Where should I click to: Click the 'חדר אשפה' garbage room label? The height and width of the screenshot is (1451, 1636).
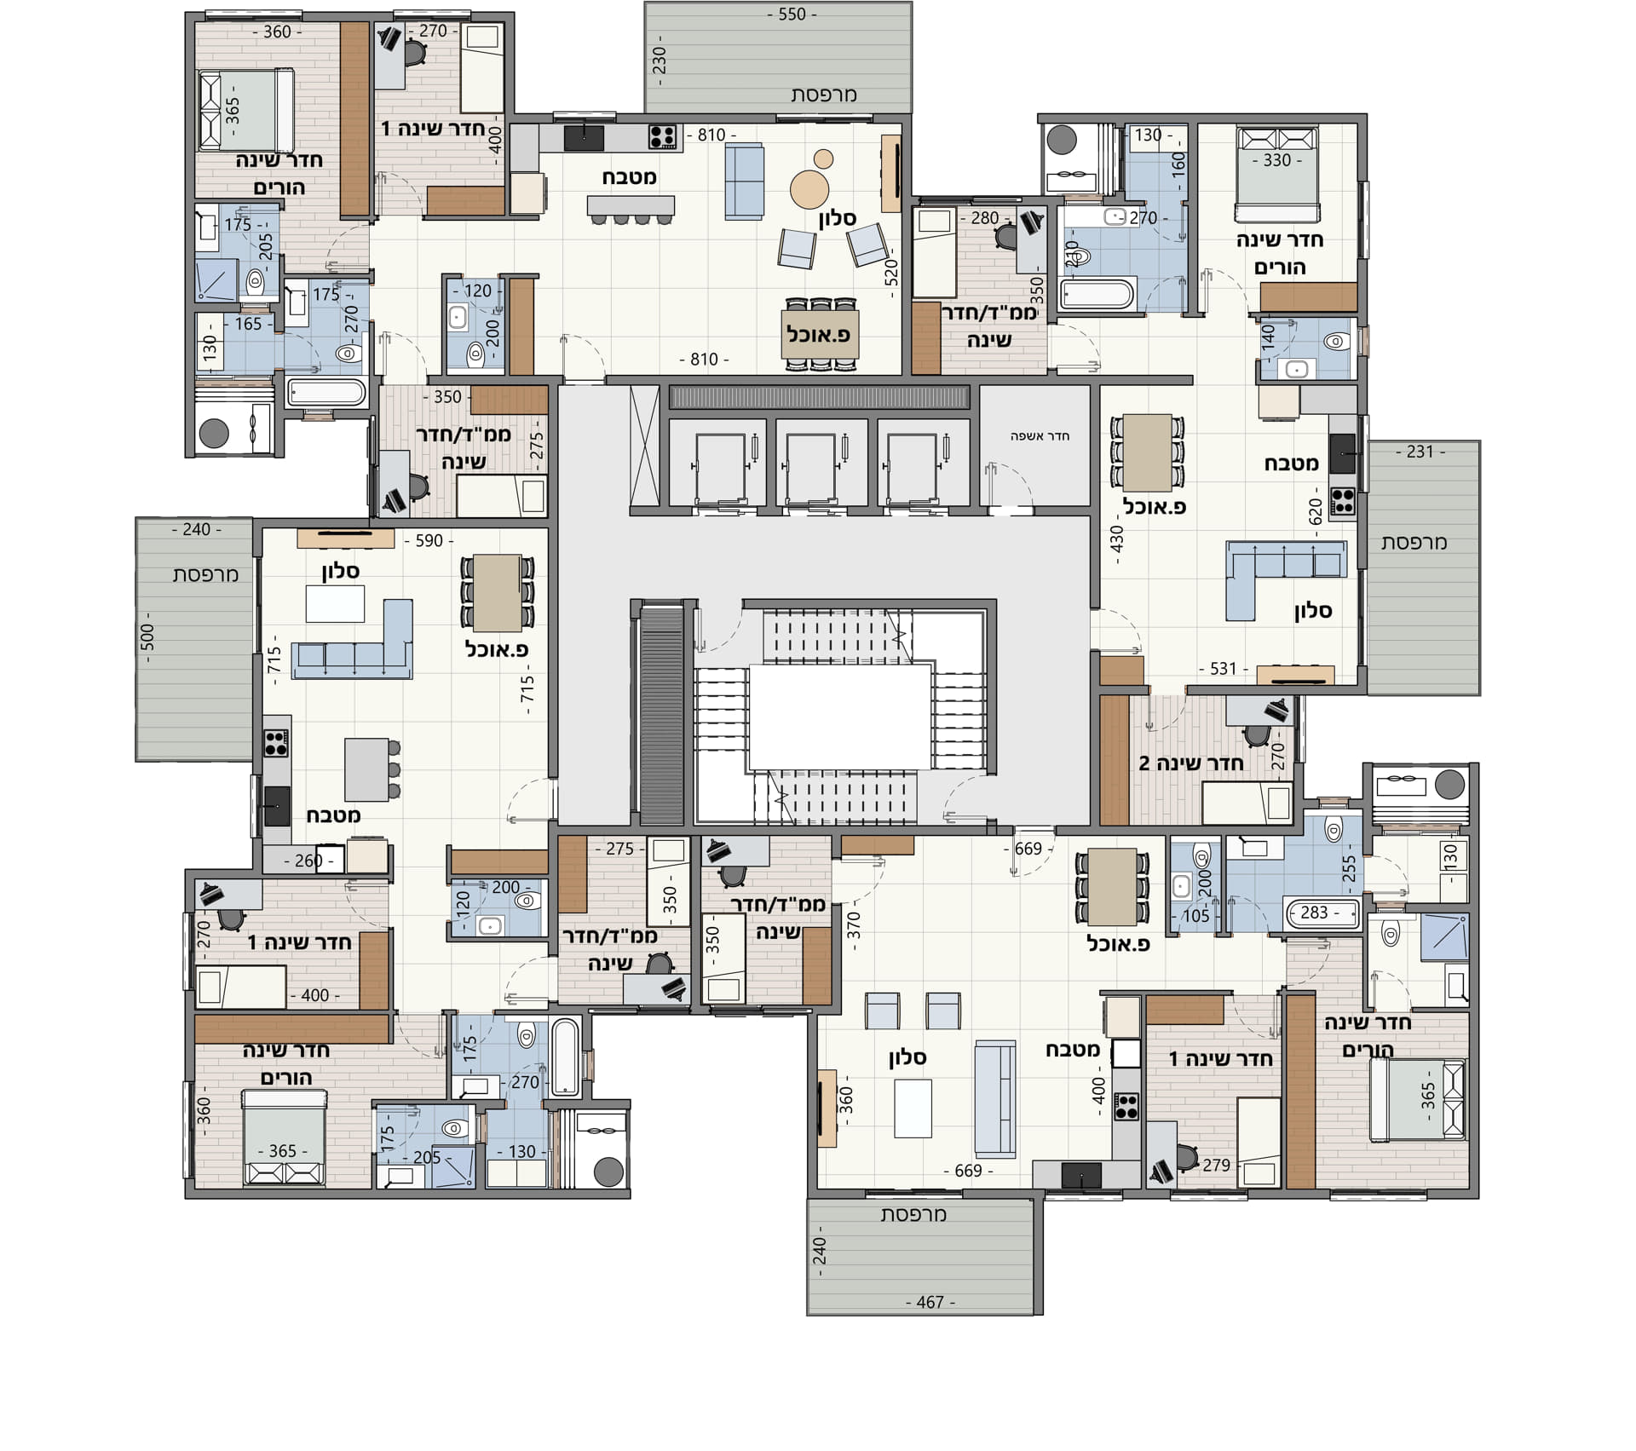[1040, 436]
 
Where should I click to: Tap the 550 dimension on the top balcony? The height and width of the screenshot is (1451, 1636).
[792, 14]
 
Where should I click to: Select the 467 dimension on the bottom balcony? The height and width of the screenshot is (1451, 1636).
[930, 1302]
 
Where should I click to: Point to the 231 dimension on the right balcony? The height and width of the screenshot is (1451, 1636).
[1420, 452]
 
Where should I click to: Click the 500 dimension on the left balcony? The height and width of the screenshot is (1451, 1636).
[147, 637]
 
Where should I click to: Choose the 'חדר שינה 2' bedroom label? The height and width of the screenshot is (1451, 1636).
[1190, 763]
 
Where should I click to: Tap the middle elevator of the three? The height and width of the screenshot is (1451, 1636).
[810, 466]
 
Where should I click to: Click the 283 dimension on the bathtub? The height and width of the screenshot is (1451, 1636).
[1314, 913]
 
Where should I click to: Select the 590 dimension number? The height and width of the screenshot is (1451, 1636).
[429, 541]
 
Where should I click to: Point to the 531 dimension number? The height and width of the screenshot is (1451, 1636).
[1223, 669]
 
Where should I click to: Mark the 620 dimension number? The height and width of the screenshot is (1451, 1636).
[1316, 512]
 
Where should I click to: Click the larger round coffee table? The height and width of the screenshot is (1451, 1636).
[809, 188]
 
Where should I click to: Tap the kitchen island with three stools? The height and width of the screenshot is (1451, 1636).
[367, 769]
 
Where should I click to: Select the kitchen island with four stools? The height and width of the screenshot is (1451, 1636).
[631, 205]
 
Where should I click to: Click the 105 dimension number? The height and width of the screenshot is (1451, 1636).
[1195, 916]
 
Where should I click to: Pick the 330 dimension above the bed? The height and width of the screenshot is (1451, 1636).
[1276, 160]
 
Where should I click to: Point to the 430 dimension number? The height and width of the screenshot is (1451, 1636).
[1117, 540]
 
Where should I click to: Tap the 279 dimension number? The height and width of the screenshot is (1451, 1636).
[1216, 1165]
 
